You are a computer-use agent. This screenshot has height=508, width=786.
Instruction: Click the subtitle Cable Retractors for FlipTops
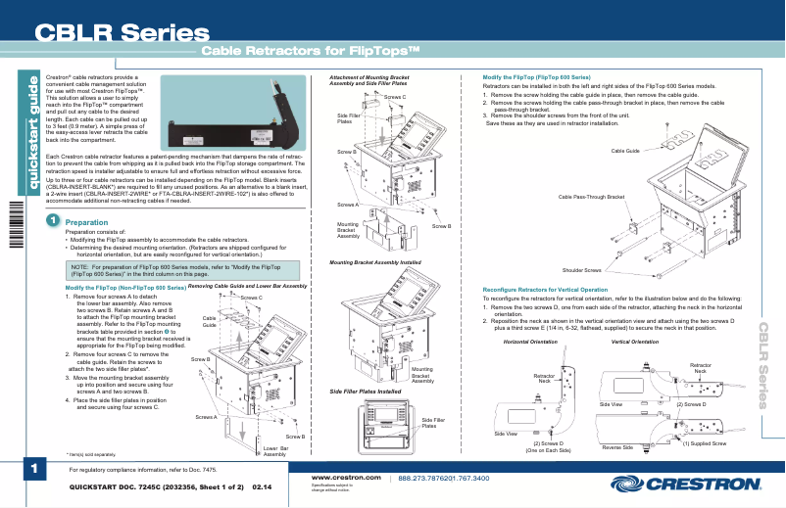pyautogui.click(x=311, y=51)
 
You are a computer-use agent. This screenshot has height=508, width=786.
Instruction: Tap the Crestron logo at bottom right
pyautogui.click(x=685, y=484)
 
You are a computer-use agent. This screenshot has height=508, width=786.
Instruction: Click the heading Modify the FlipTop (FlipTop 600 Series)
pyautogui.click(x=536, y=76)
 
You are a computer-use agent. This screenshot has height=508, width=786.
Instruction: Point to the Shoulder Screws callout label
pyautogui.click(x=581, y=269)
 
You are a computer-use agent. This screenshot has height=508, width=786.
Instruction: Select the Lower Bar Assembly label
pyautogui.click(x=274, y=451)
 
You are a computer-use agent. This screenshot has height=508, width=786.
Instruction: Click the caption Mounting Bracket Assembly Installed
pyautogui.click(x=375, y=263)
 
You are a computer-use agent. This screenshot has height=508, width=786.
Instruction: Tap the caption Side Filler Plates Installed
pyautogui.click(x=366, y=392)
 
